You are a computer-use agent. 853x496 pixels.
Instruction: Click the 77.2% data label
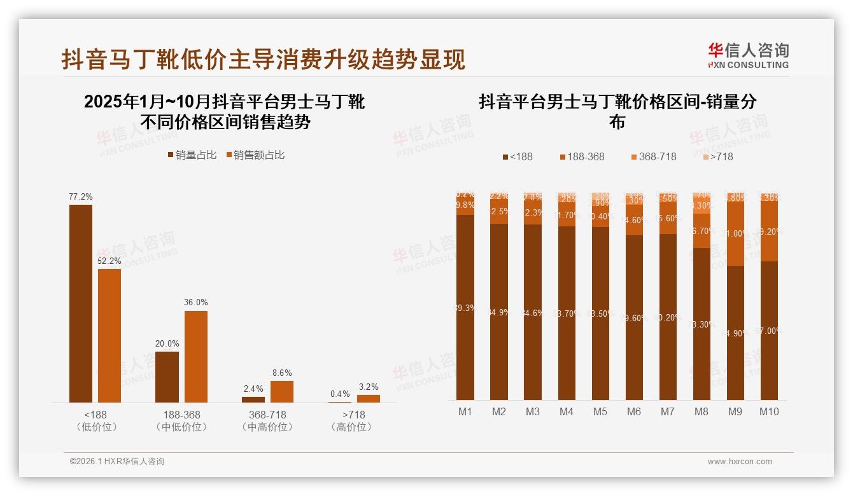(81, 197)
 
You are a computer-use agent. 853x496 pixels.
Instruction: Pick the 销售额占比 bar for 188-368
(196, 356)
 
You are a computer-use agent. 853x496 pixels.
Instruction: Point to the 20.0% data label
(167, 343)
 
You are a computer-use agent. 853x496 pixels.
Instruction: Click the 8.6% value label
(281, 373)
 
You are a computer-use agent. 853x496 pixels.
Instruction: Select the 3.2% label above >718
(368, 387)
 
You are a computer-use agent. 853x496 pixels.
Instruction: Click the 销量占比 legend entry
(192, 155)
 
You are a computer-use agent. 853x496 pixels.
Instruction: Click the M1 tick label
(465, 411)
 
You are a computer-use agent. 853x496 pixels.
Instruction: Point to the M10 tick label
(769, 411)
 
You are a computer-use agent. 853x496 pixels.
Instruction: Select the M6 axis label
(634, 411)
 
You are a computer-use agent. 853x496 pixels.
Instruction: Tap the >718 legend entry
(717, 156)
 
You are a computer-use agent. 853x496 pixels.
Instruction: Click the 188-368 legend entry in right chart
(582, 156)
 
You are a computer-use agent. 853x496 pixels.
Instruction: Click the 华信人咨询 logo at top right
(748, 55)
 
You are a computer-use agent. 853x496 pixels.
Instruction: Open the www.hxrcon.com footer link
(740, 462)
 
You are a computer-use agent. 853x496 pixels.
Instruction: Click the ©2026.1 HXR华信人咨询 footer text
(117, 462)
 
